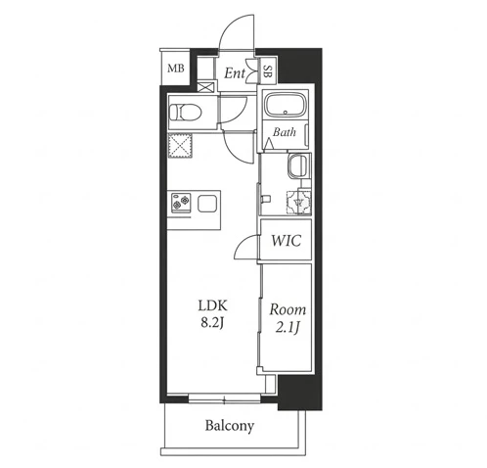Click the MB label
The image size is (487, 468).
(x=176, y=69)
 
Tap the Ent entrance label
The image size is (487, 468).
(x=235, y=73)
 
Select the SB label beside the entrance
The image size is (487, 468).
(x=267, y=71)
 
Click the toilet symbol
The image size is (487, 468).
(x=186, y=113)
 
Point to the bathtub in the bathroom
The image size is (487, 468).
(x=286, y=105)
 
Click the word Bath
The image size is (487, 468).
(x=285, y=132)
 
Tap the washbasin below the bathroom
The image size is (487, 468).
(x=297, y=165)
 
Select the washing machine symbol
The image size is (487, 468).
(x=298, y=203)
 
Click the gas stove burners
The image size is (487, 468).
(x=182, y=204)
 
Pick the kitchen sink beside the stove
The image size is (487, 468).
(x=207, y=204)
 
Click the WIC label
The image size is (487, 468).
(x=287, y=241)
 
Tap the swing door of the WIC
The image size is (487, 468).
(x=246, y=248)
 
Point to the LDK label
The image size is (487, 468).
(x=212, y=305)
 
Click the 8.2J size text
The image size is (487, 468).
(x=212, y=323)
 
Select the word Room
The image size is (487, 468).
(x=288, y=309)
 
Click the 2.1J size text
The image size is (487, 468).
(x=288, y=328)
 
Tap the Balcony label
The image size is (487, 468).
(x=230, y=426)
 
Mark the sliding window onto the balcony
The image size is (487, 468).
(x=224, y=398)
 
